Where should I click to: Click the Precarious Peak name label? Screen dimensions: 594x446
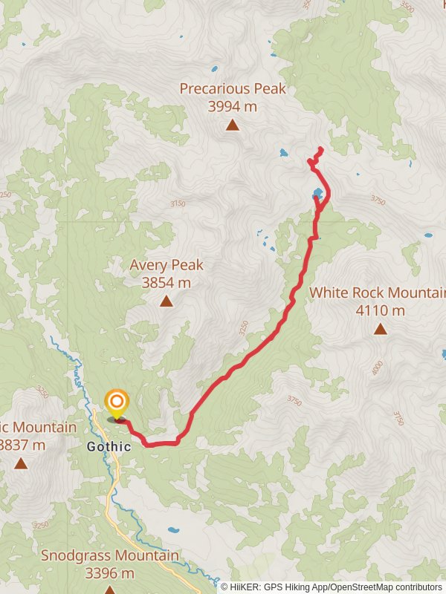click(233, 89)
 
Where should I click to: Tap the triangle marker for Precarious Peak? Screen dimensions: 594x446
click(233, 125)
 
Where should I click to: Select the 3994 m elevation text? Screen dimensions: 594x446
click(233, 107)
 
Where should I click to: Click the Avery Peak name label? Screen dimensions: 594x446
click(167, 265)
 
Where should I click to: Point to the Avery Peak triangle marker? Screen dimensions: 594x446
click(167, 301)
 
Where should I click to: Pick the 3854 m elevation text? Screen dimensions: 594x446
click(167, 283)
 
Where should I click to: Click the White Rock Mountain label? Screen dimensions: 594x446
click(378, 293)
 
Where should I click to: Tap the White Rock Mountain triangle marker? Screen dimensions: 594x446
click(381, 329)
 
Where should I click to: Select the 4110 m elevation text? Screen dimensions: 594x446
click(381, 310)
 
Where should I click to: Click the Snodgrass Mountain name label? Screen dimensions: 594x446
click(109, 555)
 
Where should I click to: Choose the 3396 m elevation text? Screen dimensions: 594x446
click(109, 573)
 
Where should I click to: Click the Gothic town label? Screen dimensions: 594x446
click(109, 447)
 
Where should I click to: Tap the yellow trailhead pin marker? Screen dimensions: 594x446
click(116, 404)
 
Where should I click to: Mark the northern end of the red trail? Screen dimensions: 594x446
click(320, 150)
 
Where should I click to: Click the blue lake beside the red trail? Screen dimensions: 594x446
click(318, 195)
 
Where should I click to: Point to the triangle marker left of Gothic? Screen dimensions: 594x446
click(21, 463)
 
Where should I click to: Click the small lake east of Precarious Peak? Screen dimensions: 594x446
click(283, 154)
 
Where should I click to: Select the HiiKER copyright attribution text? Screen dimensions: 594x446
click(332, 587)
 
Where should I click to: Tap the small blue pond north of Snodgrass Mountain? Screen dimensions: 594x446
click(172, 531)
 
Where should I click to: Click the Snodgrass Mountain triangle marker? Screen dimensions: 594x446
click(109, 590)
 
